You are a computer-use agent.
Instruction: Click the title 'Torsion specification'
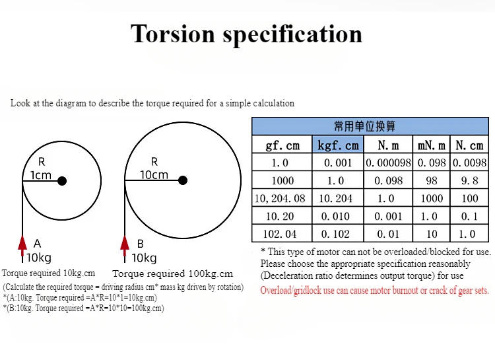(247, 34)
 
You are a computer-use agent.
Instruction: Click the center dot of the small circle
(61, 180)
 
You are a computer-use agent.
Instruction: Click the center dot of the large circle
(183, 180)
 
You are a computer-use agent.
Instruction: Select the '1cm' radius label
(41, 175)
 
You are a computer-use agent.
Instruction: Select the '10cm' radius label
(154, 175)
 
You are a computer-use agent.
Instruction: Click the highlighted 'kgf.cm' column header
(338, 145)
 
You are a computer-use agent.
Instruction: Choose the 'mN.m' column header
(432, 145)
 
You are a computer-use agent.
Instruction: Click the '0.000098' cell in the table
(388, 162)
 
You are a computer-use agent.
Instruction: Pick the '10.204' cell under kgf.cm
(338, 198)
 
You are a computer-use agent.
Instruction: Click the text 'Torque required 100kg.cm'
(173, 273)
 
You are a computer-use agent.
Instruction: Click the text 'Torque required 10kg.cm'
(49, 273)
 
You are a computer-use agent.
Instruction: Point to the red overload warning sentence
(375, 291)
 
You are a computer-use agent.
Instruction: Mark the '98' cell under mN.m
(432, 180)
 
